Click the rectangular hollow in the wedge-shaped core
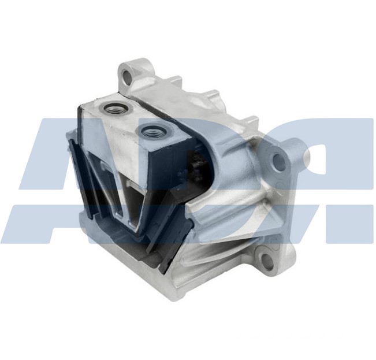pyautogui.click(x=132, y=202)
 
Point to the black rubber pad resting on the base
pyautogui.click(x=133, y=248)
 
